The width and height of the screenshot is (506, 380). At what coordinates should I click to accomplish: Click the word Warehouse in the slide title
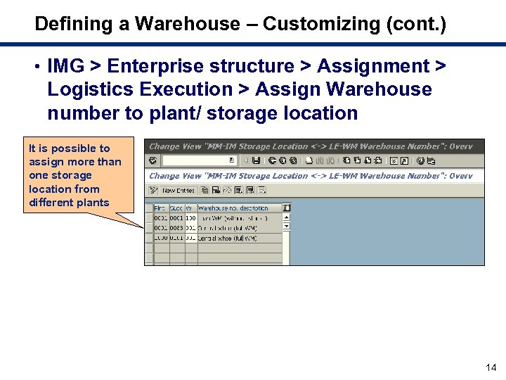point(187,24)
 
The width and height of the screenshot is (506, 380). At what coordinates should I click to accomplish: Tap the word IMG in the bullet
point(65,66)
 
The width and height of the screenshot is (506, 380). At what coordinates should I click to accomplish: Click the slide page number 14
point(491,367)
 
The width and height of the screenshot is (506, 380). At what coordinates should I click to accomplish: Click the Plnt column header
point(160,208)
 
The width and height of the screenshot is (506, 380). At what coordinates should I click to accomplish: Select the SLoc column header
point(176,208)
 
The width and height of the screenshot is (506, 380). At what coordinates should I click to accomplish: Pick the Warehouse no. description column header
point(233,208)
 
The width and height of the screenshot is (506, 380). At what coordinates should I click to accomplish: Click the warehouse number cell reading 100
point(190,218)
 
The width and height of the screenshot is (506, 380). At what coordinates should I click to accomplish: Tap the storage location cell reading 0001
point(176,218)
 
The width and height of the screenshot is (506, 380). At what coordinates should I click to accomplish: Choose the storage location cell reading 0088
point(176,228)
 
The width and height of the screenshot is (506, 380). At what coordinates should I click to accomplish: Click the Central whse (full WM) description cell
point(227,239)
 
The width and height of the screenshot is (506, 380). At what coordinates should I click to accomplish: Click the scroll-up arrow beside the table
point(287,217)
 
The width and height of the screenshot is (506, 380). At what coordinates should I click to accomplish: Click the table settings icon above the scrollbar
point(287,208)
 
